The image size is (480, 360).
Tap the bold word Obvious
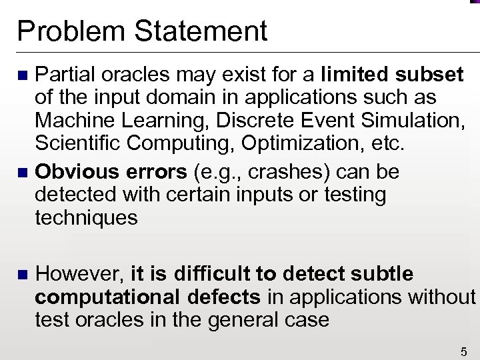(73, 172)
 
